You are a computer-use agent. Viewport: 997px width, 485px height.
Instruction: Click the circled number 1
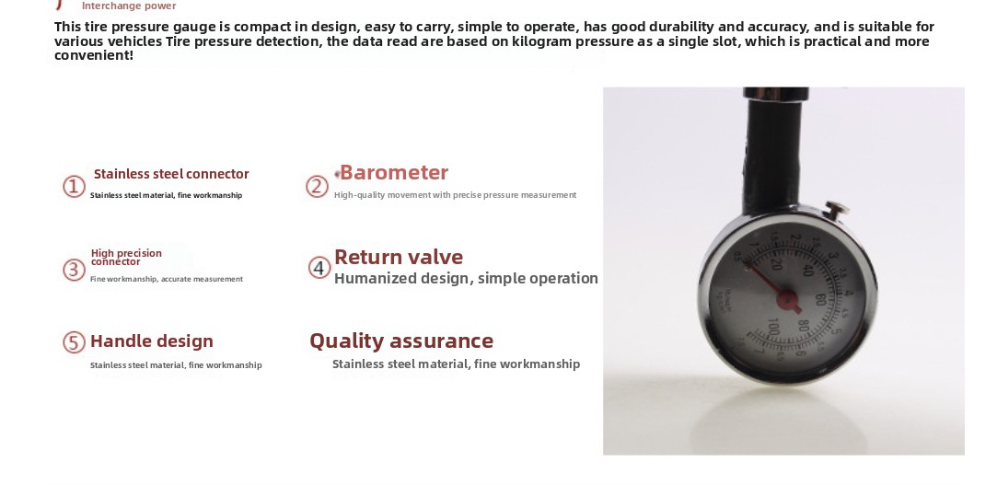tap(74, 187)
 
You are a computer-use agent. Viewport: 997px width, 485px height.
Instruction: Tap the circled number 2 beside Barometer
tap(317, 187)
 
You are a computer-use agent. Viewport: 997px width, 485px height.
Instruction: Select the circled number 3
tap(74, 270)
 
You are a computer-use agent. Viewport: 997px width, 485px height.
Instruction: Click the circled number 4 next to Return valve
tap(319, 268)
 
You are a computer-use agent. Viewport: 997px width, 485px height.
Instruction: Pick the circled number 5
tap(74, 342)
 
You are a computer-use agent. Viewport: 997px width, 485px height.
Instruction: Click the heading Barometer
tap(393, 173)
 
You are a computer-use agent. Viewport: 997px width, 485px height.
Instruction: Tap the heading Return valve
tap(398, 257)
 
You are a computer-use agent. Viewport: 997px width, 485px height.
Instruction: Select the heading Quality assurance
tap(400, 341)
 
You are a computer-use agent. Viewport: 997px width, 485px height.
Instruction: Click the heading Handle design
tap(151, 341)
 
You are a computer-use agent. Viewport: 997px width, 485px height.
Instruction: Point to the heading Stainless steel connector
tap(171, 174)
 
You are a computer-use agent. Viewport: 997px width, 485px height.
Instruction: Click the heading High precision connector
tap(126, 258)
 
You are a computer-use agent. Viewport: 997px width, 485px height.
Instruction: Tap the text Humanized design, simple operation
tap(466, 279)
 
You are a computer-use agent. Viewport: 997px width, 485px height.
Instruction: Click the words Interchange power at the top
tap(129, 6)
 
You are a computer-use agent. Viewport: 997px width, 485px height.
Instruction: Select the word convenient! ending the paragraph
tap(93, 55)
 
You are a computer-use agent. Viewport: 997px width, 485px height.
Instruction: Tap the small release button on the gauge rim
tap(836, 211)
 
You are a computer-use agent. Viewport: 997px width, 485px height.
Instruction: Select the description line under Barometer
tap(455, 195)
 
